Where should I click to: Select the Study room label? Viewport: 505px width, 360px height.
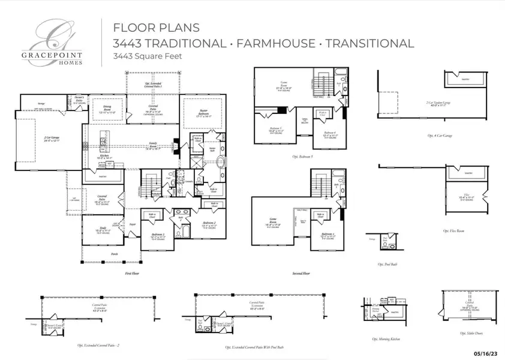pos(102,229)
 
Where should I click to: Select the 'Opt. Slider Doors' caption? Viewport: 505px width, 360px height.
pos(470,333)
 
